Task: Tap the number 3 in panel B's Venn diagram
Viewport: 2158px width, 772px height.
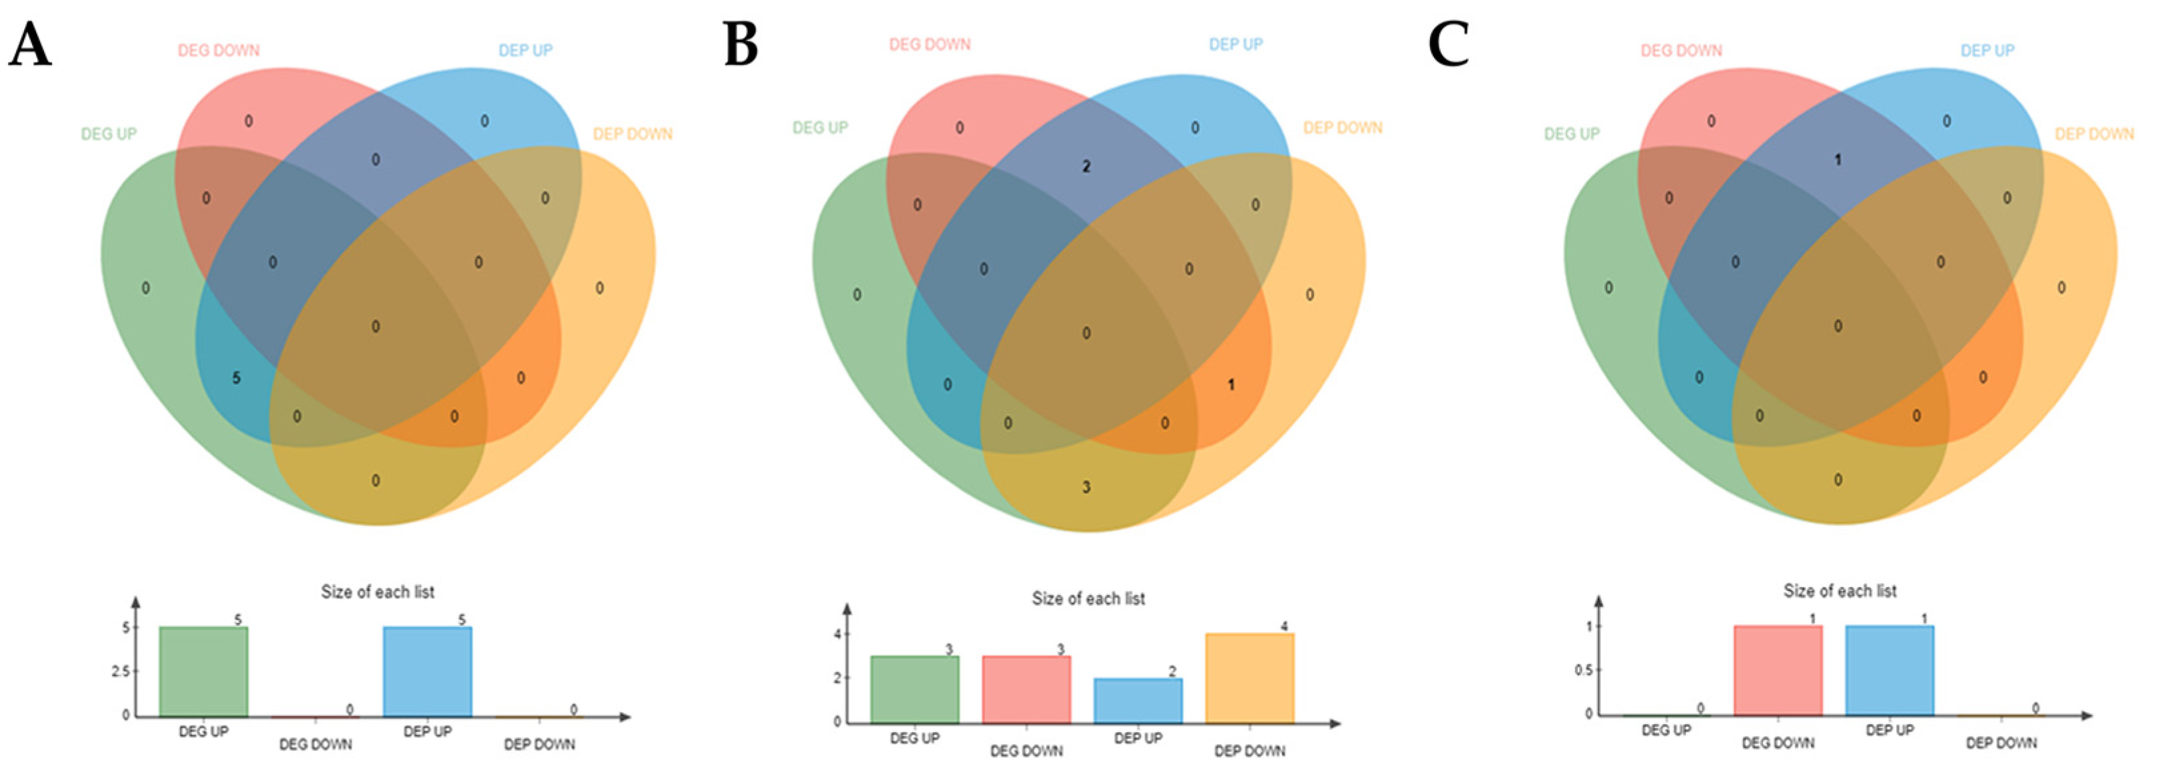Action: click(1086, 487)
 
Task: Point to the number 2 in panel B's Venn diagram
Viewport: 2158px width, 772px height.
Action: click(1086, 166)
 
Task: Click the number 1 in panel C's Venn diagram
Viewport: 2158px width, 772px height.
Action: click(1838, 160)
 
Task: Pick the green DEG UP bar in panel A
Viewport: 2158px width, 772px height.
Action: click(204, 672)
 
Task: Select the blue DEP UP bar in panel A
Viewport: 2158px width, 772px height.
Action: click(427, 672)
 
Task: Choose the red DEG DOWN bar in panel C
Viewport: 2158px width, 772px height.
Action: click(1778, 671)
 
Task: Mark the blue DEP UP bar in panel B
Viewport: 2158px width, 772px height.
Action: click(1138, 701)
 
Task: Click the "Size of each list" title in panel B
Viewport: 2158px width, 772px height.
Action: click(1088, 599)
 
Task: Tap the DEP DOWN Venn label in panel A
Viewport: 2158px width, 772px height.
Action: click(633, 134)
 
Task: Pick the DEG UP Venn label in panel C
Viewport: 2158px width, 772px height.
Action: click(1572, 134)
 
